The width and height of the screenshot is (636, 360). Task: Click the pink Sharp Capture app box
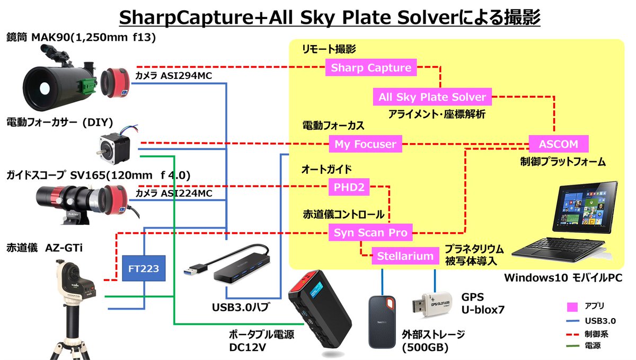click(x=371, y=68)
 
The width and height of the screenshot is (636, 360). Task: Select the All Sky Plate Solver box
click(x=432, y=98)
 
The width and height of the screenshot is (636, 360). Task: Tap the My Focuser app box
click(x=366, y=144)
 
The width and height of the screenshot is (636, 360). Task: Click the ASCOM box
click(x=559, y=144)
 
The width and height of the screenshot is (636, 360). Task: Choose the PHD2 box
click(x=349, y=187)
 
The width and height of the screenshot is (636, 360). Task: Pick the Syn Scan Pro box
click(x=370, y=232)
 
